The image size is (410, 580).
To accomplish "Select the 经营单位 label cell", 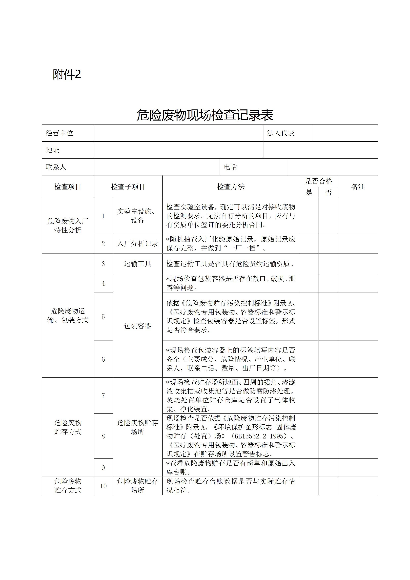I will click(x=60, y=133).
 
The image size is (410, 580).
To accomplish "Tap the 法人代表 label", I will click(x=280, y=133).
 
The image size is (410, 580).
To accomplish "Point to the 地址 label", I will click(x=53, y=150).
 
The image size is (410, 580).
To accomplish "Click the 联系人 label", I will click(x=56, y=167).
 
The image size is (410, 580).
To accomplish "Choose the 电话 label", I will click(x=230, y=167).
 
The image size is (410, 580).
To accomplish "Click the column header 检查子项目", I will click(x=128, y=187).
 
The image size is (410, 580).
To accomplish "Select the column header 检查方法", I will click(x=231, y=187).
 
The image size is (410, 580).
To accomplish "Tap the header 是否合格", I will click(x=319, y=181).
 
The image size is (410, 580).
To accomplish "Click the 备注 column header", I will click(x=358, y=187).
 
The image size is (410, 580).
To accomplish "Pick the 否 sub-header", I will click(x=328, y=192).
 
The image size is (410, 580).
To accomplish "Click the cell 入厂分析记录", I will click(x=137, y=244).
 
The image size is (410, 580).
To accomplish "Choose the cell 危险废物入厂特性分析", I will click(x=68, y=225).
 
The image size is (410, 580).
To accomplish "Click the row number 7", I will click(x=103, y=396).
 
